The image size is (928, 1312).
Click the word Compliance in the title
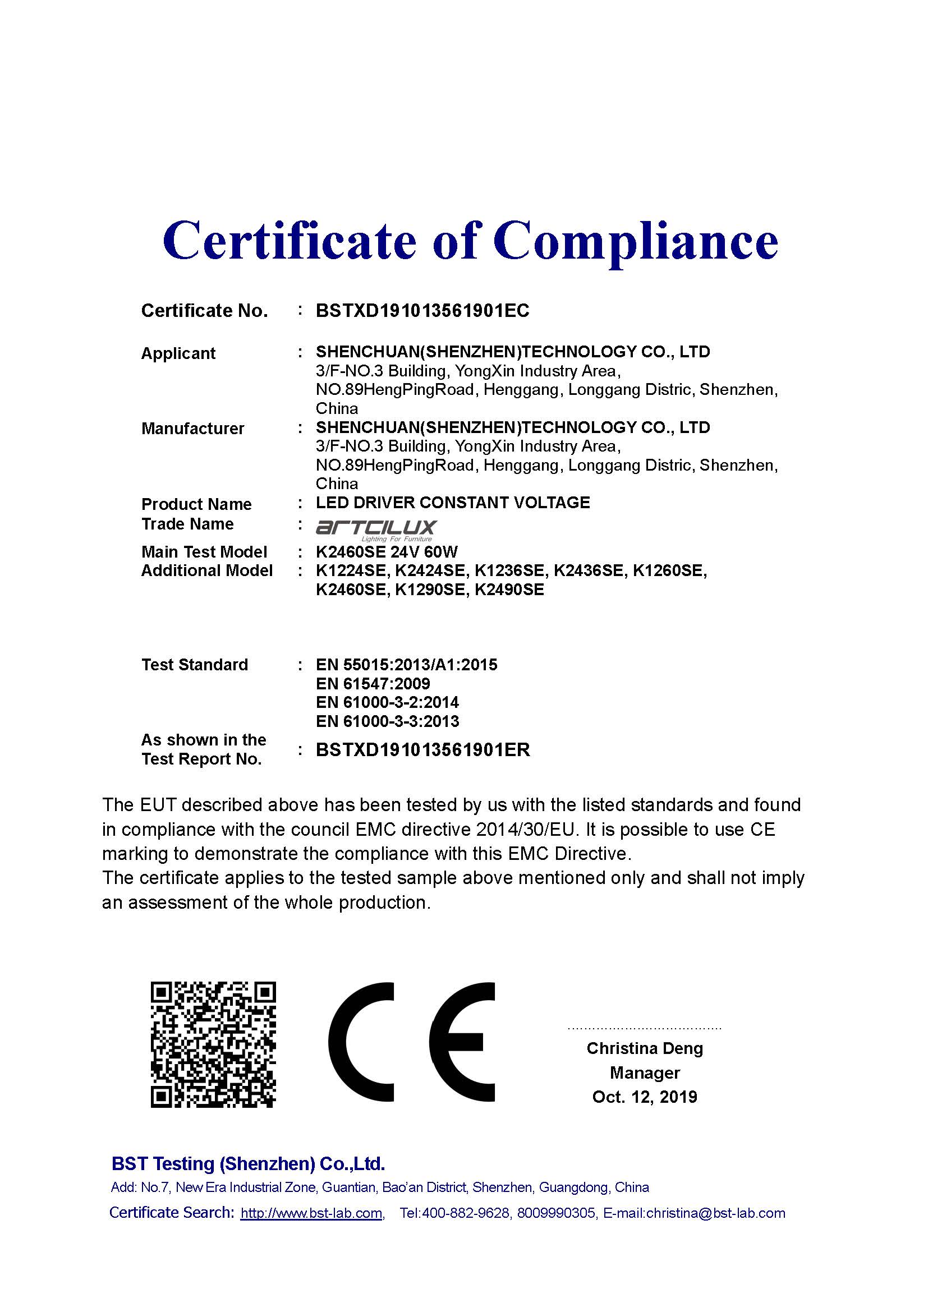636,241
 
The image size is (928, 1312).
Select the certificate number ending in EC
422,311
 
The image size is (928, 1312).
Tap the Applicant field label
178,353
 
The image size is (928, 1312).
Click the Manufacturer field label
192,429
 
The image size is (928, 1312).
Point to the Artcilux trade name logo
376,530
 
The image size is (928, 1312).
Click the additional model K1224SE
352,571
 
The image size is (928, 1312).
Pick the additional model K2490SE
509,590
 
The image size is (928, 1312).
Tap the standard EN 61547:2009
373,683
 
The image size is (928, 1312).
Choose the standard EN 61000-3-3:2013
388,721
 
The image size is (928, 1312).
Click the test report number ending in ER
423,750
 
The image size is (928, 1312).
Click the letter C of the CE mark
361,1042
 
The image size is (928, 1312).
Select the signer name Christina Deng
645,1048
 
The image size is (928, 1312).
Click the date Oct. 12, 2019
645,1097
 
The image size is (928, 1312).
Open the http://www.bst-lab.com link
311,1213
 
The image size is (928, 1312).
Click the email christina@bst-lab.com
715,1213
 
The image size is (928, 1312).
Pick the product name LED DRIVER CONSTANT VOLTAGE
453,503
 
